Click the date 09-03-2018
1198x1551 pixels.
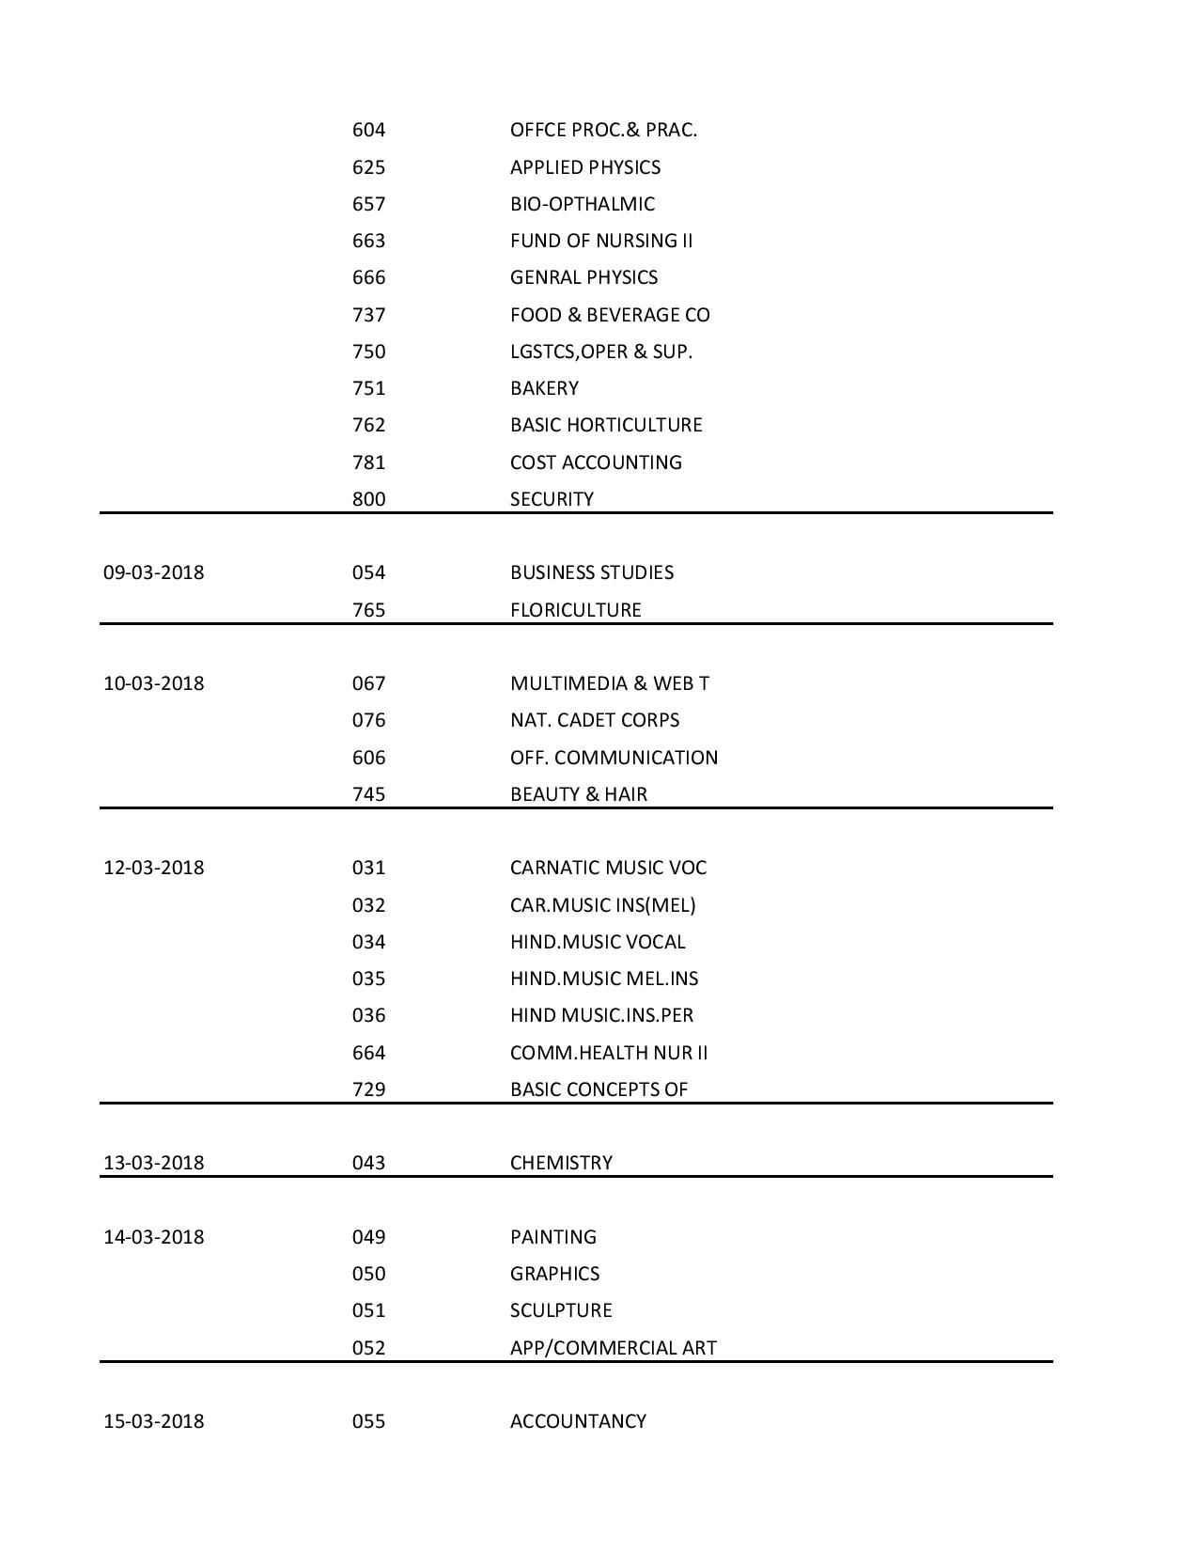153,572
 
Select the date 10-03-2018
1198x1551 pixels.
153,683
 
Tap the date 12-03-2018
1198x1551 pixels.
153,868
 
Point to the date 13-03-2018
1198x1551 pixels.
153,1163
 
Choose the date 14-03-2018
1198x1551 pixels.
153,1237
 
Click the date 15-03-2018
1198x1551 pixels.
153,1421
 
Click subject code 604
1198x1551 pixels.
368,130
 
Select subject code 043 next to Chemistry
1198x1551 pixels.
368,1163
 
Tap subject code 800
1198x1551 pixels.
368,499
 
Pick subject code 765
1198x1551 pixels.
368,610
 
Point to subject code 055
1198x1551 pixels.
368,1421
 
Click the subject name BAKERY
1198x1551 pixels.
544,388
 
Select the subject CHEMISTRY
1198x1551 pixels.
561,1163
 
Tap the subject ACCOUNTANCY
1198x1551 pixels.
578,1421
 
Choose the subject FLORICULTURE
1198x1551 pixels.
575,610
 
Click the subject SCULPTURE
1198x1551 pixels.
561,1310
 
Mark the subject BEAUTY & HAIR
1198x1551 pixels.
578,794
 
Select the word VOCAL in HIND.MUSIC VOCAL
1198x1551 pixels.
655,942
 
